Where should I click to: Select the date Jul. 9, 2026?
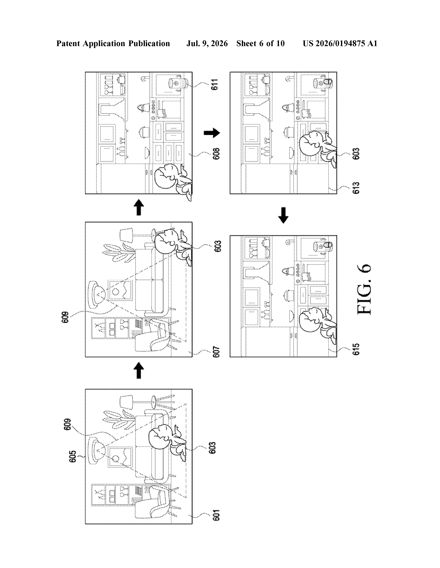207,43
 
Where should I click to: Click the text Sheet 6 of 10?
261,43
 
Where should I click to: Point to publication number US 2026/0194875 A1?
340,43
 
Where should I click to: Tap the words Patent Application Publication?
113,43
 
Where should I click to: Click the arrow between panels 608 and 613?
212,133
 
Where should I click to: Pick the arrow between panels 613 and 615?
283,215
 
